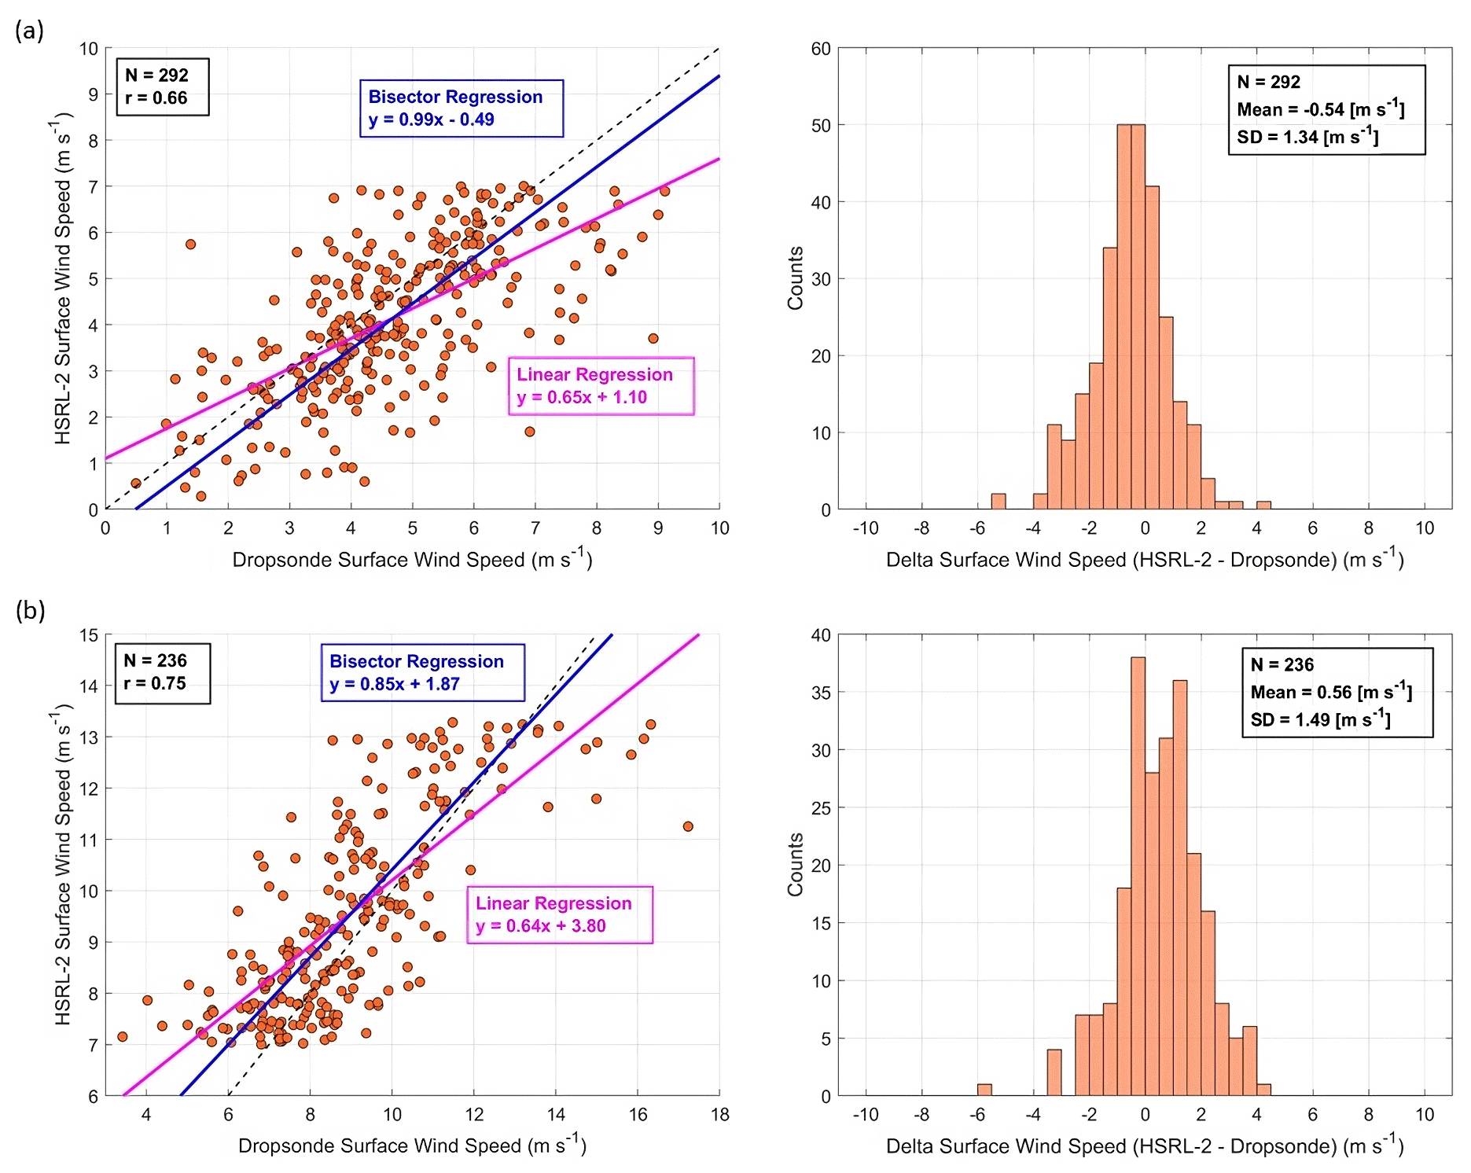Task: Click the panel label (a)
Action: pos(29,31)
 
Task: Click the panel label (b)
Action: pos(30,610)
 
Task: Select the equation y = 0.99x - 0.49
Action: pos(431,120)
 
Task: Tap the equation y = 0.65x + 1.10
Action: pos(582,397)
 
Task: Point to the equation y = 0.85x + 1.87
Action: pos(394,684)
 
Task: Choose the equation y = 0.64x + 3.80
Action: pos(541,926)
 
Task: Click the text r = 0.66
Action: pos(156,98)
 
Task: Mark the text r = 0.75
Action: pos(155,683)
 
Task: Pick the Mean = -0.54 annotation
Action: pos(1320,109)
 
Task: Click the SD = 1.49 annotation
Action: pos(1320,719)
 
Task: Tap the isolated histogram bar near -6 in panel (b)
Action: pos(984,1090)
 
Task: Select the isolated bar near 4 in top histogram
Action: pos(1263,506)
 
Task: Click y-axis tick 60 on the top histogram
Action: pos(821,49)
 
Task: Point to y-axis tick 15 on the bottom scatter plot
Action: pos(89,635)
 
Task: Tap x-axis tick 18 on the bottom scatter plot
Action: pos(719,1115)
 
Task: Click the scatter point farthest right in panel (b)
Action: pos(688,826)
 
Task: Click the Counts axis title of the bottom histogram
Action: pos(796,864)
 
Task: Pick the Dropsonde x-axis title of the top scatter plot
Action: pos(412,559)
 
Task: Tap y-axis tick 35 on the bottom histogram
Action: pos(821,693)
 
